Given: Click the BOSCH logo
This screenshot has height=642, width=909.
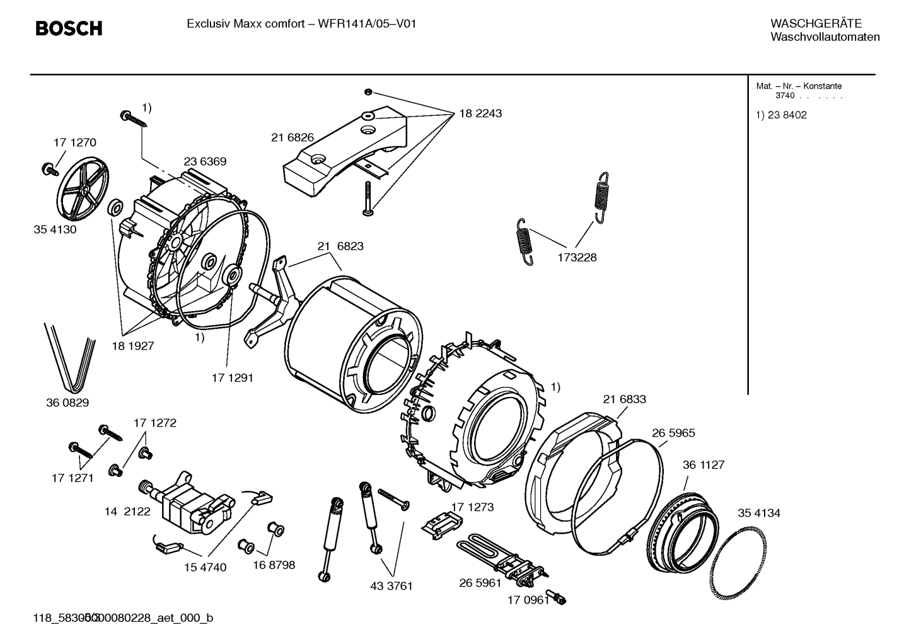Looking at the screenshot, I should point(68,28).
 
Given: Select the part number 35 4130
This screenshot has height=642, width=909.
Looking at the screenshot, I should point(55,229).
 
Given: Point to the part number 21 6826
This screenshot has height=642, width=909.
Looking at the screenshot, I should point(292,137).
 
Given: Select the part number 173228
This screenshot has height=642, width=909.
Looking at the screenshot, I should point(576,257).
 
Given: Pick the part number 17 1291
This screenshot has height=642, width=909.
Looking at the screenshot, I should point(232,378).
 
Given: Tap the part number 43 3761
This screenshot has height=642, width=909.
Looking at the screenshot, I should point(391,585).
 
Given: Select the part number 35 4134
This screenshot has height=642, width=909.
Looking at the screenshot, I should point(759,513).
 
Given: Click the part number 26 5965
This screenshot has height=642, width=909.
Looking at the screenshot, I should point(673,433).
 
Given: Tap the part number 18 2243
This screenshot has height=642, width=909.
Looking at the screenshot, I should point(480,113).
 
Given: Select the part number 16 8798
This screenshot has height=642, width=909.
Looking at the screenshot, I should point(274,565).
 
